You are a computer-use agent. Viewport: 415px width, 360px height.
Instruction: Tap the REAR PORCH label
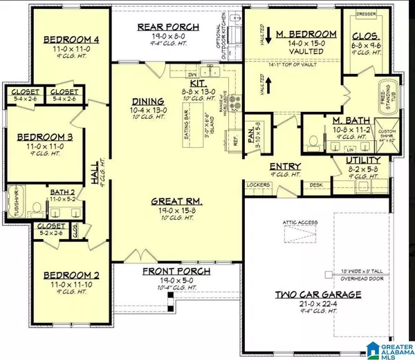(169, 26)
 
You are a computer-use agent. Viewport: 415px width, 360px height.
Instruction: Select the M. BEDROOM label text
(306, 34)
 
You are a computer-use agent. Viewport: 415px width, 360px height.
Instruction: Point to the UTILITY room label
(377, 159)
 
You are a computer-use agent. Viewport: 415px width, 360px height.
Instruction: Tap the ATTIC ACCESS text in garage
(299, 222)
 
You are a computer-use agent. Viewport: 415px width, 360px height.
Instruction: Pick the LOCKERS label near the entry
(257, 184)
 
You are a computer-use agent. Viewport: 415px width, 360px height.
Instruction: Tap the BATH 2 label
(57, 191)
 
